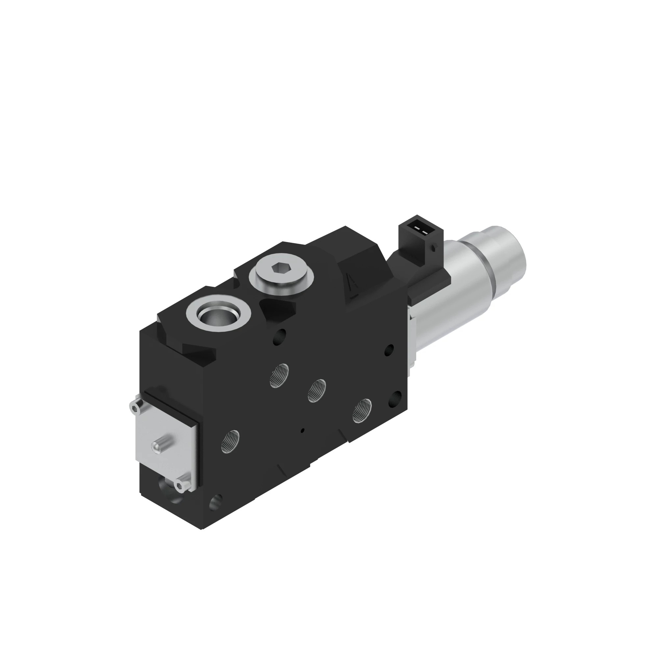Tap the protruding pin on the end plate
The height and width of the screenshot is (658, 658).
[158, 446]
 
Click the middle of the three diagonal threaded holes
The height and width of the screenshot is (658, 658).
[316, 391]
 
